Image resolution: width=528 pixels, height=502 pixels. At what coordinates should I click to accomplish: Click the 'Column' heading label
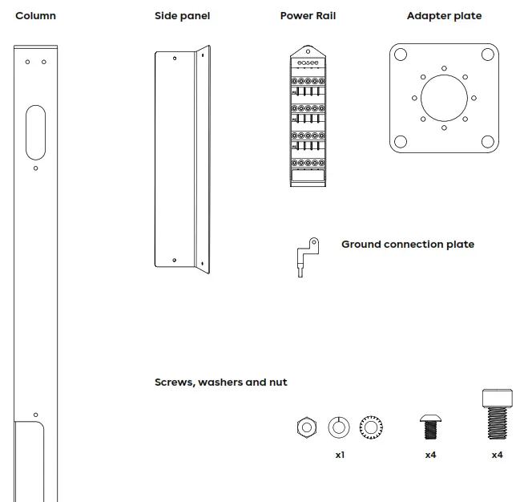click(x=35, y=16)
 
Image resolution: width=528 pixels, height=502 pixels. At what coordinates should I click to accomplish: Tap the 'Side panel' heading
click(x=182, y=16)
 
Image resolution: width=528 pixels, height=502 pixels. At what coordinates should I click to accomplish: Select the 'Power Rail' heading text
click(x=308, y=16)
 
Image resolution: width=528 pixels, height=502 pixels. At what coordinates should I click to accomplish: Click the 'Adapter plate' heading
click(x=444, y=16)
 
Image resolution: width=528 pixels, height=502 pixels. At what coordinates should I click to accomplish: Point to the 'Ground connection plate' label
click(x=407, y=245)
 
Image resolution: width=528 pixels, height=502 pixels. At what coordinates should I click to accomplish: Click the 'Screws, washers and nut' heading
click(x=220, y=383)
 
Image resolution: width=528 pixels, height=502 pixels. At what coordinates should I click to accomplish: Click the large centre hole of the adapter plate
click(x=444, y=98)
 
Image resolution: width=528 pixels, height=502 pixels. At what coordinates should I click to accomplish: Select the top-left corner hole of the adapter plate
click(x=401, y=55)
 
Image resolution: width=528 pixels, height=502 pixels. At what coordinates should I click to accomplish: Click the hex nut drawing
click(x=304, y=427)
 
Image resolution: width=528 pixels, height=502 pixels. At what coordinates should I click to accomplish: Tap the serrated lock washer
click(x=370, y=427)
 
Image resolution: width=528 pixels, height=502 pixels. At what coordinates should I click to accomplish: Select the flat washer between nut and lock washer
click(x=339, y=427)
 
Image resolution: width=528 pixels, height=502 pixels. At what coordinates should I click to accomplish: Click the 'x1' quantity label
click(x=340, y=455)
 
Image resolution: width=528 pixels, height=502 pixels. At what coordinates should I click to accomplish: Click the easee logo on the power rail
click(x=308, y=63)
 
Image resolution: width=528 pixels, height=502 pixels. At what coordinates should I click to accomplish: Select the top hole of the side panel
click(x=175, y=58)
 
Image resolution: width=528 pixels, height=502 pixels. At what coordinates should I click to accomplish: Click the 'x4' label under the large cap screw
click(x=497, y=455)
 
